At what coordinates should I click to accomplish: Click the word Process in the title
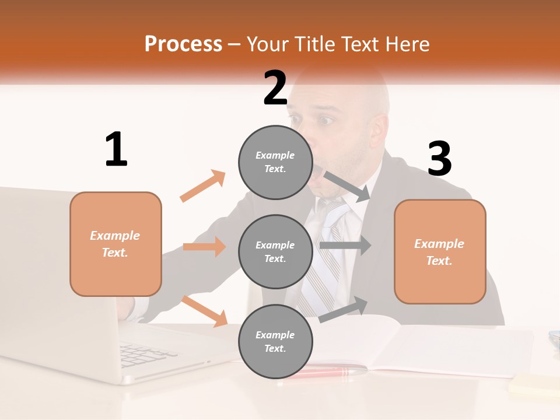[183, 44]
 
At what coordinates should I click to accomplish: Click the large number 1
[116, 149]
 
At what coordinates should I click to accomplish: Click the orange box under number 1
[116, 244]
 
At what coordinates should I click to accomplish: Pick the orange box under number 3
[440, 252]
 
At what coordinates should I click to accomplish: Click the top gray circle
[275, 162]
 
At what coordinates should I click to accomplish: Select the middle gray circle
[275, 251]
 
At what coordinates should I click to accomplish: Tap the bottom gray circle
[275, 341]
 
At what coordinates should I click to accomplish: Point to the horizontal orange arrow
[204, 247]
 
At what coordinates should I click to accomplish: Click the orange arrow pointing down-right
[205, 311]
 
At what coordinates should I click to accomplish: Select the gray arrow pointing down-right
[347, 186]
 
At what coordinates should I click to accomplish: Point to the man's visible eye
[324, 121]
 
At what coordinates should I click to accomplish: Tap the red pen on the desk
[327, 371]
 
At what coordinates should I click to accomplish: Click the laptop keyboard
[140, 353]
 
